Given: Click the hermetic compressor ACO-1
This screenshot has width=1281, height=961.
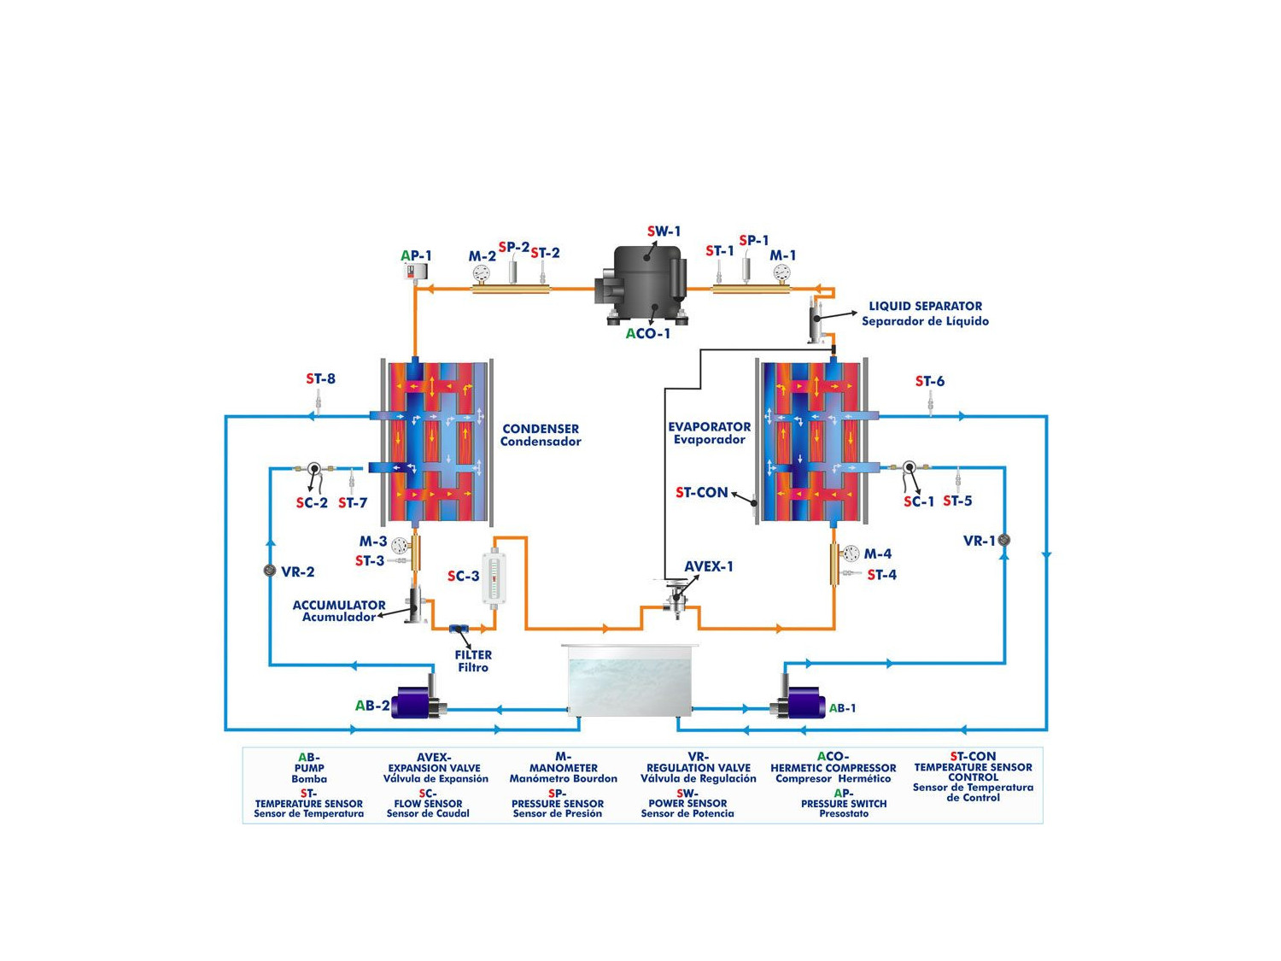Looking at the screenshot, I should point(646,282).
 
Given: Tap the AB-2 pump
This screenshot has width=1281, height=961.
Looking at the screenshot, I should point(417,702).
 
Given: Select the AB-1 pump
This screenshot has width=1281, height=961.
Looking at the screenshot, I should point(799,702).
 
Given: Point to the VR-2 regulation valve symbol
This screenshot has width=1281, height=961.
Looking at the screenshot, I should point(270,571).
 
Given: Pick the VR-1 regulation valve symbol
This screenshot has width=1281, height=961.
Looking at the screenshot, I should point(1004,540).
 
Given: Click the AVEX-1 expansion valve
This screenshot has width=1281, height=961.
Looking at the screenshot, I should point(676,595).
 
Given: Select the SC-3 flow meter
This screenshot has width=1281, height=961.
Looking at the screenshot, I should point(494,578).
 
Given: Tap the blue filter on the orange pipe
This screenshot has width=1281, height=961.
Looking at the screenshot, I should point(459,630).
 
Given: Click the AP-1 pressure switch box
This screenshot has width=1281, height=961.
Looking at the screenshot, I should point(415,272).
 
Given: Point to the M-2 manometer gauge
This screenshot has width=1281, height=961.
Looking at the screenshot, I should point(482,273).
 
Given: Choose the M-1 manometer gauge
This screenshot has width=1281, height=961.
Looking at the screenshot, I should point(781,272).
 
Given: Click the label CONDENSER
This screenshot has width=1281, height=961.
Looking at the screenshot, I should point(541,429).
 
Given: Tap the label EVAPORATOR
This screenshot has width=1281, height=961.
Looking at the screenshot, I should point(710,426).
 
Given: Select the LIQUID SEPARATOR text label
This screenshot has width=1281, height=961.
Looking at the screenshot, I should point(925,306).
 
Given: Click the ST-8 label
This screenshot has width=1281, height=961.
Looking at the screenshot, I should point(321,378).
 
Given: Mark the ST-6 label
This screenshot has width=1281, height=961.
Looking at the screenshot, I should point(930,381).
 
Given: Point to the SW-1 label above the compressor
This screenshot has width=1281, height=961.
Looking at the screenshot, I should point(664,231).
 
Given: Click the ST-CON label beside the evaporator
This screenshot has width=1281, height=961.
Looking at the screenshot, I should point(702,493).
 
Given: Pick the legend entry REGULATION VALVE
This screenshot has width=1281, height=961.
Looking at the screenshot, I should point(699,768).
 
